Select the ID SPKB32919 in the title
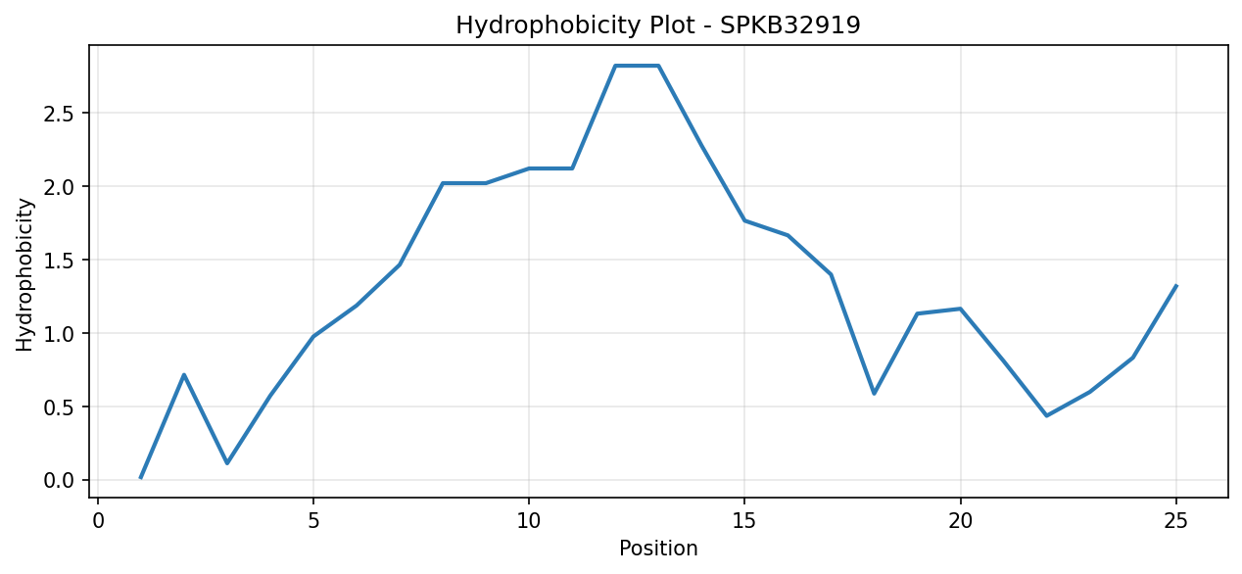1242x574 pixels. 790,24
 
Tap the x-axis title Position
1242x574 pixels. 658,549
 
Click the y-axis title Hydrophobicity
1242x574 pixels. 24,274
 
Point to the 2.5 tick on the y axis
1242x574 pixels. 60,114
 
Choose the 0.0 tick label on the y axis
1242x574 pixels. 60,480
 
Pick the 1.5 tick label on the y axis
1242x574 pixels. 60,261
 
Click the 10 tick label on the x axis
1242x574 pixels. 528,522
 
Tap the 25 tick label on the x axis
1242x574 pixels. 1175,522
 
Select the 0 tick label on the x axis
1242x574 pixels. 98,522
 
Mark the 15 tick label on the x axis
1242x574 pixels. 744,522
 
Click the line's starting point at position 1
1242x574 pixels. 141,477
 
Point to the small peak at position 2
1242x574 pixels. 183,375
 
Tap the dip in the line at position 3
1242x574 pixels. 227,463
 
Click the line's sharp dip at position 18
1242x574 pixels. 874,394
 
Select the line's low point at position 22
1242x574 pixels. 1046,415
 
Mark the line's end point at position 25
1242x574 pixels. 1175,286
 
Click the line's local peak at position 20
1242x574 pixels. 960,309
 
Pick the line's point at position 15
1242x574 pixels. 744,220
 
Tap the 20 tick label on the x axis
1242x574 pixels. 960,522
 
